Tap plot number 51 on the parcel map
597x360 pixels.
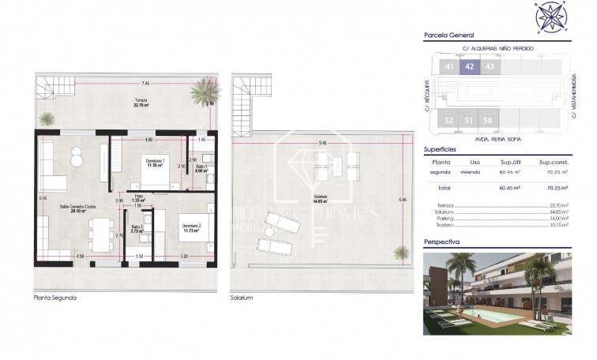point(468,120)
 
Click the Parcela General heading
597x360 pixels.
point(449,35)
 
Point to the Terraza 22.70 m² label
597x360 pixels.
point(141,102)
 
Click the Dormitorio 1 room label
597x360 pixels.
point(152,163)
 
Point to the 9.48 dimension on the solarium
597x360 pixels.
point(323,143)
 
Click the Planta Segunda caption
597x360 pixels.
point(55,298)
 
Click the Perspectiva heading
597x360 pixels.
point(441,242)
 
